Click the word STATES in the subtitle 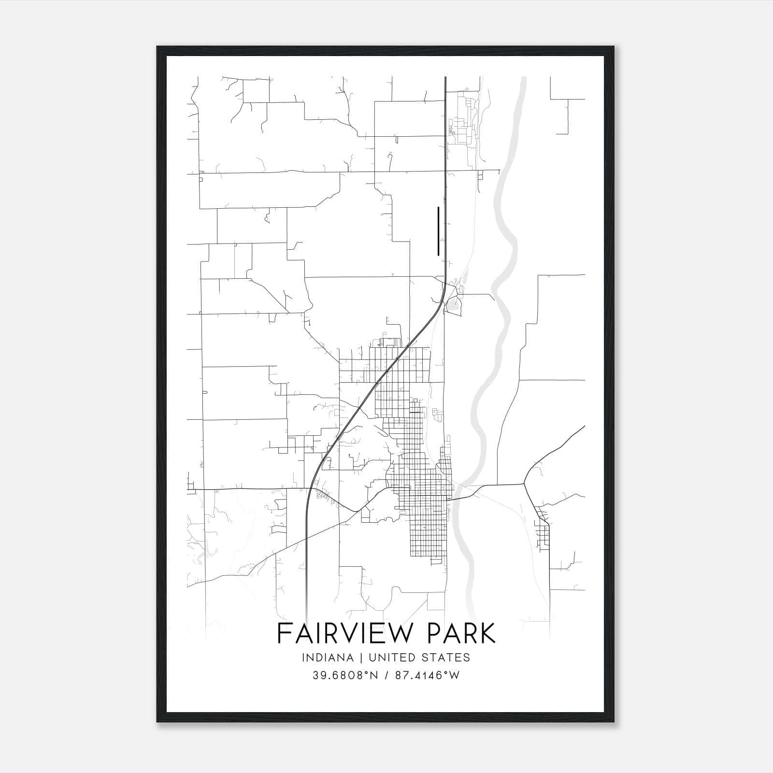pos(447,658)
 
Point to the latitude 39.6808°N pos(346,675)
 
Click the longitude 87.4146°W pos(428,675)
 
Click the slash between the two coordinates pos(386,675)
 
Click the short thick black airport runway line pos(438,231)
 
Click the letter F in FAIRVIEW pos(284,633)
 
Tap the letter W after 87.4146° pos(454,675)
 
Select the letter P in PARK pos(434,633)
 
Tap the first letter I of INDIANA pos(303,658)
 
